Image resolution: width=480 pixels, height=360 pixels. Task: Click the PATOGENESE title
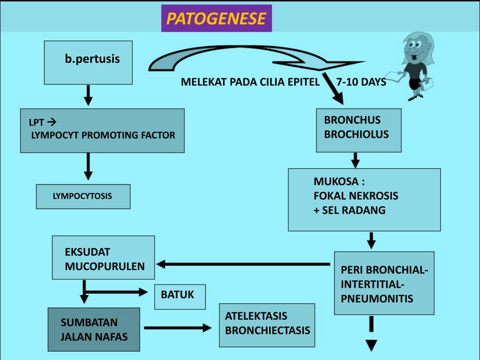(216, 19)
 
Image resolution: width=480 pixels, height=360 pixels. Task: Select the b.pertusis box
(88, 62)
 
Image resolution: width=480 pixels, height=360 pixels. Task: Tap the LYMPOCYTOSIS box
(83, 196)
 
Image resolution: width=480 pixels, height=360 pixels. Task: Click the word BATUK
(177, 295)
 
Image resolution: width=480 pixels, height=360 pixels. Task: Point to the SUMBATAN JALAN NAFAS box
(94, 330)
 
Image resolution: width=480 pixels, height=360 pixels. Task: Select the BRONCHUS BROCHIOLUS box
(359, 130)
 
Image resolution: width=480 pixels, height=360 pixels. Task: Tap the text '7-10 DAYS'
(361, 82)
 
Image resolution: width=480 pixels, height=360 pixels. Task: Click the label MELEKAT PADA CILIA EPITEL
(250, 82)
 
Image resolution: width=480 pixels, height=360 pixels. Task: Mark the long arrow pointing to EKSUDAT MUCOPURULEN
(244, 264)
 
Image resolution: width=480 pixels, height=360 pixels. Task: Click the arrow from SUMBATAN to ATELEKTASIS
(178, 328)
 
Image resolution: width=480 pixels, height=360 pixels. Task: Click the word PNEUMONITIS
(377, 299)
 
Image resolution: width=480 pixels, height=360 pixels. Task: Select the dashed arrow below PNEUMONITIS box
(371, 334)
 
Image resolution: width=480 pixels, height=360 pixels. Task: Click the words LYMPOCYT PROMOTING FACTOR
(103, 135)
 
